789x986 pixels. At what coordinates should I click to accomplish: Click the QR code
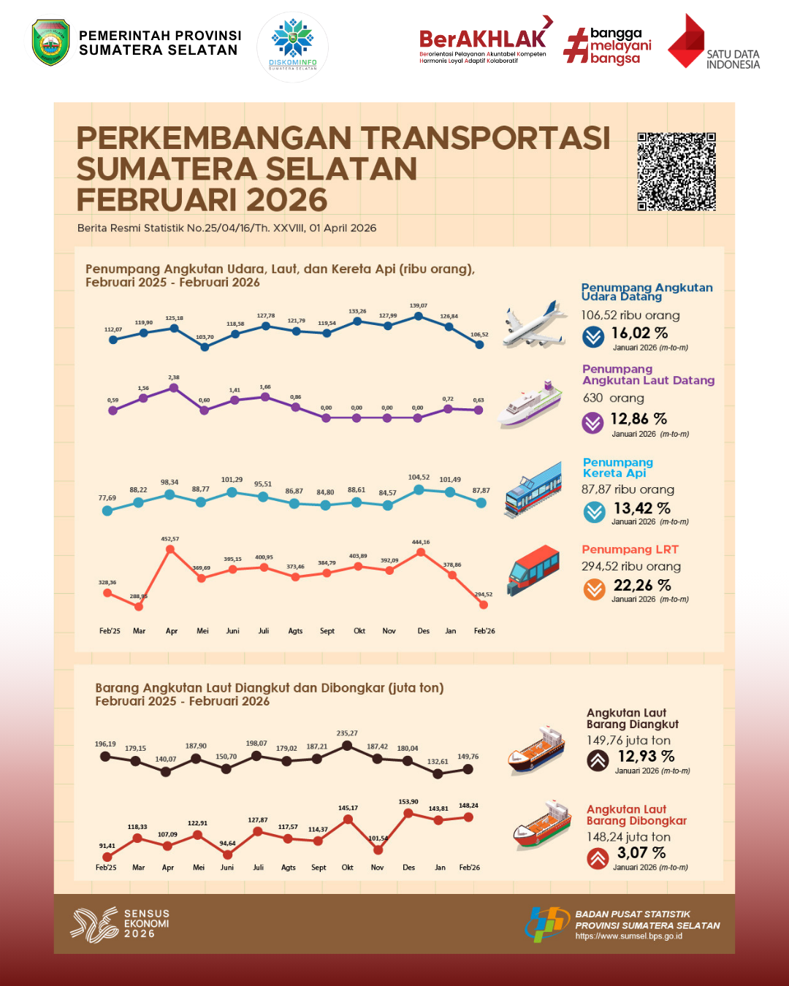tap(676, 172)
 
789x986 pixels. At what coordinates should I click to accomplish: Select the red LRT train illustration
tap(533, 569)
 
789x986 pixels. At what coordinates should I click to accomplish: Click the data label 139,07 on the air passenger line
tap(419, 306)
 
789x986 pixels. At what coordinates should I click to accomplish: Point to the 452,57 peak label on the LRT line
tap(170, 539)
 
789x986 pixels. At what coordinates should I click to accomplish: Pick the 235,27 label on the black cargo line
tap(347, 733)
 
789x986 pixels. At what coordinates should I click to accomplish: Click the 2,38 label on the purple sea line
tap(174, 378)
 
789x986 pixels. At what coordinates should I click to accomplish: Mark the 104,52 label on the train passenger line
tap(419, 477)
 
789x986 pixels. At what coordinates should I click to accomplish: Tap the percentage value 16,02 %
tap(639, 333)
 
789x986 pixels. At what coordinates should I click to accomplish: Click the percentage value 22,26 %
tap(642, 585)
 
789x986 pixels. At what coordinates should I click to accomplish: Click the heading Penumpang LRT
tap(630, 549)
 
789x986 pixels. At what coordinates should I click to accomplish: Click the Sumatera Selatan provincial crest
tap(51, 42)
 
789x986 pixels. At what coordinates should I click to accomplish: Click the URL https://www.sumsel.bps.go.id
tap(628, 936)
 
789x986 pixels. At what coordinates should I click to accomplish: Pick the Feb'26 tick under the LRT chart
tap(484, 631)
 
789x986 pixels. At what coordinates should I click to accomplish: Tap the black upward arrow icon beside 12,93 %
tap(598, 760)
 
